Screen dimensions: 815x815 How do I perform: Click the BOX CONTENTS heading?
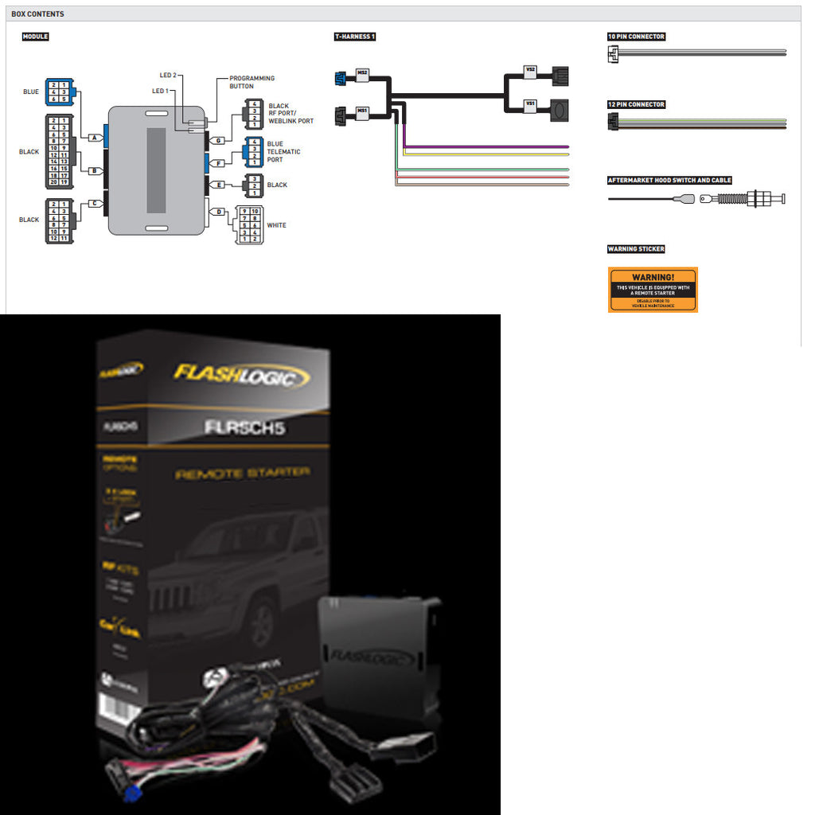tap(37, 14)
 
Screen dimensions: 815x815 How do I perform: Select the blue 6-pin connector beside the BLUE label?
tap(59, 92)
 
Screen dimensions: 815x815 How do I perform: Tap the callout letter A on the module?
tap(95, 138)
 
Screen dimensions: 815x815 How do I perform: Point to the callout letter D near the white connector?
tap(220, 211)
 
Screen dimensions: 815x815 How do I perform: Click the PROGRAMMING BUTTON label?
tap(252, 82)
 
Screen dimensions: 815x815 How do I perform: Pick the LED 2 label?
tap(168, 75)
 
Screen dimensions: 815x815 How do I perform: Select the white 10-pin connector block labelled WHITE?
tap(248, 225)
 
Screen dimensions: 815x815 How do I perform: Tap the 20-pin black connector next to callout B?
tap(58, 152)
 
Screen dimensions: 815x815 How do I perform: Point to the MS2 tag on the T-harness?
tap(362, 73)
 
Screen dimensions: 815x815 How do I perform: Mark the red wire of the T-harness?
tap(485, 177)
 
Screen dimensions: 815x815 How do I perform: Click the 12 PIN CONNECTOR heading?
tap(636, 104)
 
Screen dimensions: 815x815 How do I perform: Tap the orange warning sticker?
tap(653, 289)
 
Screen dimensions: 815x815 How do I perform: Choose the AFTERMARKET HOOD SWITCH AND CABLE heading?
tap(669, 181)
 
